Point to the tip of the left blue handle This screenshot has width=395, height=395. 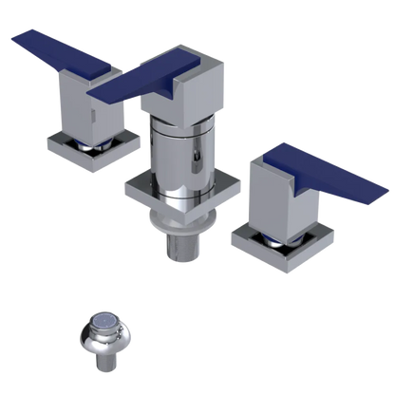[x=13, y=38]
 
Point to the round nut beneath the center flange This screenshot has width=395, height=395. [x=180, y=228]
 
